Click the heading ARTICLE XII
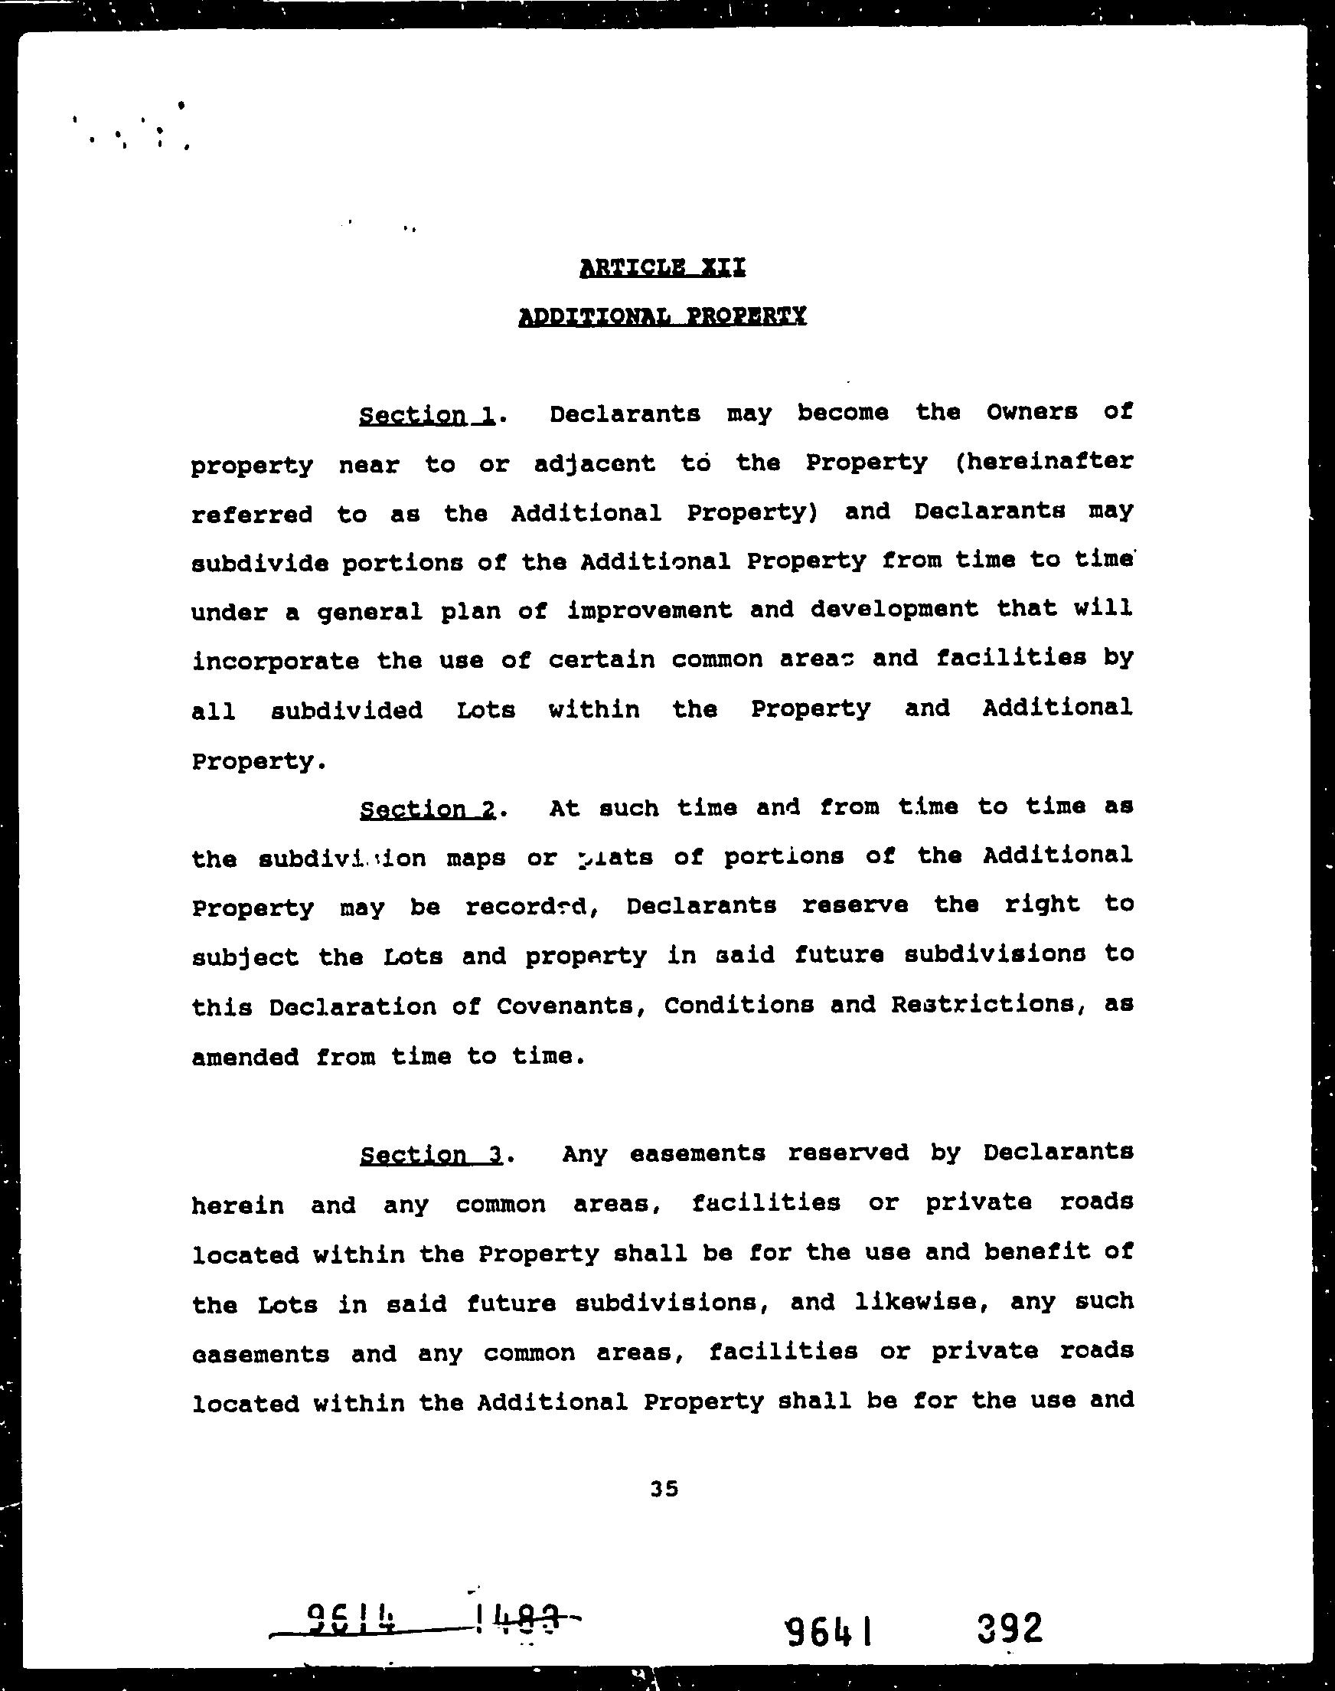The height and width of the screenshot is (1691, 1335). click(x=662, y=268)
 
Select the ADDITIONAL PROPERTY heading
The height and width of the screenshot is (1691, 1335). click(x=662, y=316)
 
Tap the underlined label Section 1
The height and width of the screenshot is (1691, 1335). click(x=427, y=414)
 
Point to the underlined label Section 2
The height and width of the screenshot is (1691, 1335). click(x=428, y=810)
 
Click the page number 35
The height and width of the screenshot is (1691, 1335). click(x=664, y=1490)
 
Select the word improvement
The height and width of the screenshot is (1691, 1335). click(x=650, y=611)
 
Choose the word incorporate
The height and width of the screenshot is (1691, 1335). click(x=275, y=662)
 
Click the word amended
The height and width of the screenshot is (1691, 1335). click(x=246, y=1058)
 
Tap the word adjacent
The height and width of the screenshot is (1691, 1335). click(x=594, y=464)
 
